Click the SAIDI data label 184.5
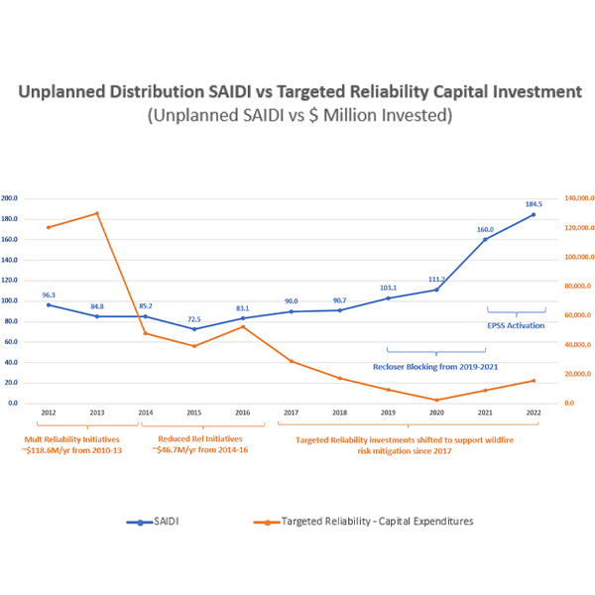(534, 204)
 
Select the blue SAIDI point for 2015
(194, 329)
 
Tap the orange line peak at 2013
(97, 213)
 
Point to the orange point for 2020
(436, 400)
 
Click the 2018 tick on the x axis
(339, 412)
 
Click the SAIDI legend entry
(164, 521)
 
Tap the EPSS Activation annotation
(516, 325)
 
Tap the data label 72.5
(194, 319)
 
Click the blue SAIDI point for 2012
(49, 304)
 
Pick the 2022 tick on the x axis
(534, 412)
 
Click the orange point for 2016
(243, 326)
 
